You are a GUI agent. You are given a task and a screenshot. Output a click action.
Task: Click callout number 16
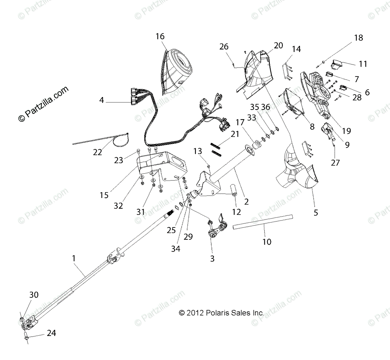coord(160,36)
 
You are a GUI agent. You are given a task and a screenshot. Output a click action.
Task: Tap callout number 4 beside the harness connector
coord(102,100)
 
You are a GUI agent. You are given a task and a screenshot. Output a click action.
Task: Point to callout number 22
coord(97,152)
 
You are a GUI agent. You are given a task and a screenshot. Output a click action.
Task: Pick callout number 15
coord(104,195)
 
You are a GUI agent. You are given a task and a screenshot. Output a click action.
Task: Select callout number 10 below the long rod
coord(266,242)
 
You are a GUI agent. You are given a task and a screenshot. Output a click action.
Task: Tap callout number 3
coord(212,258)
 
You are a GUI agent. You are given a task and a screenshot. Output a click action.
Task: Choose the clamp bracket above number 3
coord(217,228)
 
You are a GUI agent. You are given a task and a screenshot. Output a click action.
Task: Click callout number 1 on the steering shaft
coord(74,258)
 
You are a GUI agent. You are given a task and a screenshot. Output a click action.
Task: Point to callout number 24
coord(51,333)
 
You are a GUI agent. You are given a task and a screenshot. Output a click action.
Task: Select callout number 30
coord(34,295)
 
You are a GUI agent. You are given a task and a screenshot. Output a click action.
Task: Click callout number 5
coord(316,213)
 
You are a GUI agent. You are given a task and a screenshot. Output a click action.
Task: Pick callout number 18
coord(358,38)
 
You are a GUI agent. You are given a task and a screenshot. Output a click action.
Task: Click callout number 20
coord(278,45)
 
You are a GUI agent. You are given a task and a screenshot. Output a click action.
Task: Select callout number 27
coord(335,162)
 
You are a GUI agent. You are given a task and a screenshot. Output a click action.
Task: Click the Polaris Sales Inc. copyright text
coord(221,313)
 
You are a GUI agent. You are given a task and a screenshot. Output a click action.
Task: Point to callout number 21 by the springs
coord(235,134)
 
